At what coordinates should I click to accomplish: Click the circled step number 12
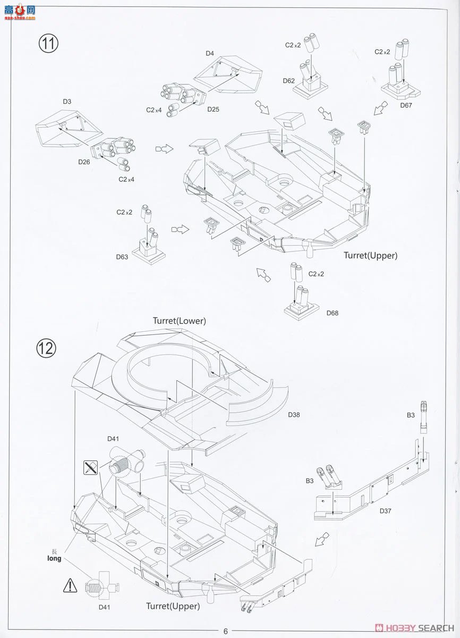click(x=46, y=348)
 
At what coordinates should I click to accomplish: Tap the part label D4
click(x=210, y=54)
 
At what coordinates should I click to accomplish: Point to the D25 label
click(x=214, y=110)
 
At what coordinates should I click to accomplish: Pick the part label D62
click(x=289, y=81)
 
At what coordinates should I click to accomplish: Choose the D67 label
click(x=406, y=105)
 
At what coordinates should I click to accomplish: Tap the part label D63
click(x=122, y=257)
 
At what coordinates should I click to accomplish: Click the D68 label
click(x=333, y=313)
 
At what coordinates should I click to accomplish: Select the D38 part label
click(x=294, y=415)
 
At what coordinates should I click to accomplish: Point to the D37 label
click(x=386, y=511)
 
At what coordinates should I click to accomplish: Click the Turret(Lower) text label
click(x=179, y=321)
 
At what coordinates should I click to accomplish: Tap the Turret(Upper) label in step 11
click(x=370, y=256)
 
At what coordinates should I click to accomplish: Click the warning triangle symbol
click(x=70, y=586)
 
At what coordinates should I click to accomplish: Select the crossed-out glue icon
click(x=90, y=468)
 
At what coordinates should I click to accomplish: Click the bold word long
click(x=54, y=558)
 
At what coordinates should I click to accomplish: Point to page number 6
click(x=225, y=631)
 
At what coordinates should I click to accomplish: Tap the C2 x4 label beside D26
click(x=126, y=179)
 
